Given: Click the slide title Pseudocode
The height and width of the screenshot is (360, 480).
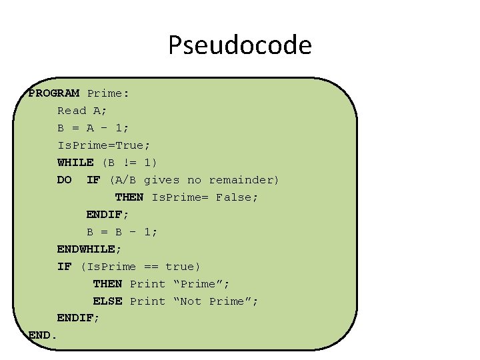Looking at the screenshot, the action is coord(239,45).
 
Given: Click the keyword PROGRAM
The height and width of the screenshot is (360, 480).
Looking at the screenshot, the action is coord(54,93).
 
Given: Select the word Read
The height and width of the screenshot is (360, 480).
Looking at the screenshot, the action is coord(71,111).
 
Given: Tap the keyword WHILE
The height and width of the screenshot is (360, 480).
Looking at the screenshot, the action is coord(75,163).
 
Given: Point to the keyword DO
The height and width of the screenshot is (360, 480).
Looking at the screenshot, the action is coord(64,180).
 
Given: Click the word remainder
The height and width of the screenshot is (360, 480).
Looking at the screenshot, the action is coord(244,180).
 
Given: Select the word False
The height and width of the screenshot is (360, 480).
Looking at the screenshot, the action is coord(237,197).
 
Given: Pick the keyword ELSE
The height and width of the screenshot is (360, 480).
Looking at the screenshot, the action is coord(107,301).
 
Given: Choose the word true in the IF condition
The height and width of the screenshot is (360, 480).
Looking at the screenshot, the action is coord(182,267).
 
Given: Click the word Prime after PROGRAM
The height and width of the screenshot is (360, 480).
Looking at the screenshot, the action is coord(107,93).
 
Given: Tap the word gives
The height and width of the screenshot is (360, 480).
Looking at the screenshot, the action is coord(161,180).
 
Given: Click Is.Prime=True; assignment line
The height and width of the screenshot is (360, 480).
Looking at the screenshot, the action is coord(104,145).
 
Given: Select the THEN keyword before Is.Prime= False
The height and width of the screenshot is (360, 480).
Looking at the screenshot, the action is coord(129,197).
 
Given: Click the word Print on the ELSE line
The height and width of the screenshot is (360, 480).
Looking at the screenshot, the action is coord(147,301).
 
